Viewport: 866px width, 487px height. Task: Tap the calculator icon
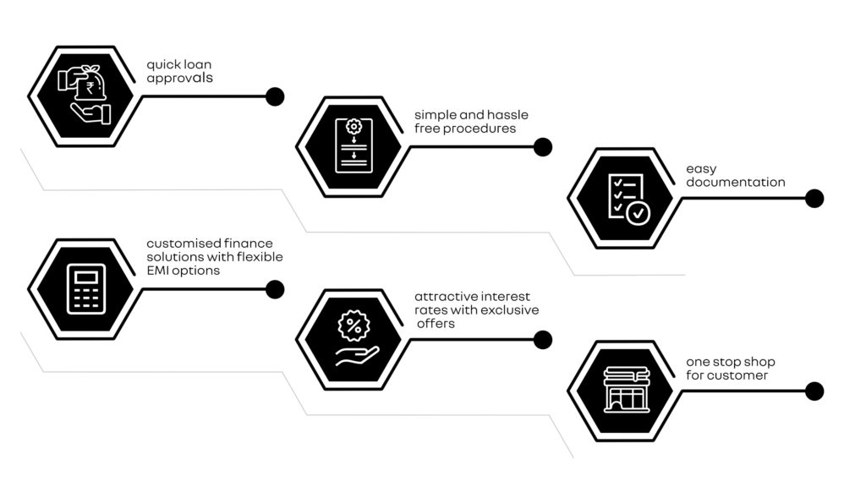(86, 289)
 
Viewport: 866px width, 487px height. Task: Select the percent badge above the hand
(354, 326)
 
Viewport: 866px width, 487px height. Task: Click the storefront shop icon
(627, 390)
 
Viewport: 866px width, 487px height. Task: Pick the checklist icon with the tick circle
(629, 199)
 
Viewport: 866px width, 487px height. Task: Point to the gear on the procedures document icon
(354, 127)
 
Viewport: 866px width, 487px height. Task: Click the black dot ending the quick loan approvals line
(275, 96)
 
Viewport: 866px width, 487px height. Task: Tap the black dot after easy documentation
(814, 199)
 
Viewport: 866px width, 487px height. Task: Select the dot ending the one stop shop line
(814, 391)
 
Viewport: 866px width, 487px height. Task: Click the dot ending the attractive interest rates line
(543, 340)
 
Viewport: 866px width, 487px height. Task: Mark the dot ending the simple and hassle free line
(543, 147)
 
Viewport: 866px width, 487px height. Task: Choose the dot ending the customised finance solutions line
(275, 289)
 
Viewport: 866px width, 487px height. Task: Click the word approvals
(179, 79)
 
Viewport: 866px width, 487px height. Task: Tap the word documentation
(736, 183)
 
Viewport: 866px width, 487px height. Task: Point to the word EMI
(158, 271)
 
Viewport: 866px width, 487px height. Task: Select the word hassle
(507, 115)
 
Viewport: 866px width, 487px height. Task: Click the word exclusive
(508, 310)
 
